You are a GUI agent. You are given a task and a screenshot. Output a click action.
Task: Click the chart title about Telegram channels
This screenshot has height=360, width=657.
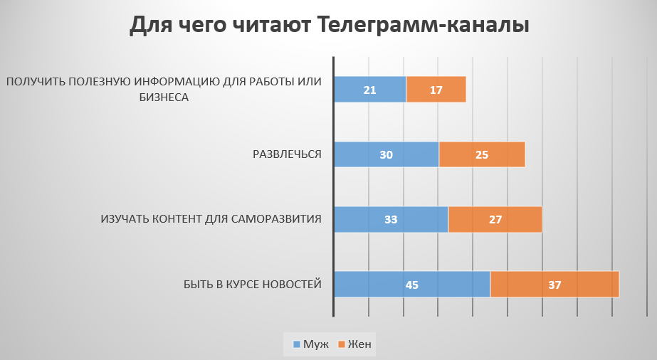pos(329,26)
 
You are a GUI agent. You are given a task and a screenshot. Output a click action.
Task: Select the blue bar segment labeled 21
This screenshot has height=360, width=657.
pos(370,90)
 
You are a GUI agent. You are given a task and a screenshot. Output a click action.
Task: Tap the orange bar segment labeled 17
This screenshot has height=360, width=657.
pos(436,90)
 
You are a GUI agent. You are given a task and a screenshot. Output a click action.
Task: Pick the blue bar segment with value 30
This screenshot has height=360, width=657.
pos(387,154)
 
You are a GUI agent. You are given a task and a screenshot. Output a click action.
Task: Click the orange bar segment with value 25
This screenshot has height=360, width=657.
pos(482,154)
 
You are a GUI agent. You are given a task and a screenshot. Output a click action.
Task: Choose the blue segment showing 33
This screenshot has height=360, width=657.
pos(391,219)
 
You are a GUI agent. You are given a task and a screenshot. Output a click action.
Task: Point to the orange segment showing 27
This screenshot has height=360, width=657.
pos(495,219)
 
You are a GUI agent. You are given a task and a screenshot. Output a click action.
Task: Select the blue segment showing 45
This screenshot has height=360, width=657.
pos(411,285)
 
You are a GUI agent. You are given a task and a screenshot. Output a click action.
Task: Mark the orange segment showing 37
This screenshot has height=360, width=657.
pos(554,285)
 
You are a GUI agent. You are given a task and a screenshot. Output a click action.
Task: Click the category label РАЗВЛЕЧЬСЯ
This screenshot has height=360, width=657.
pos(288,154)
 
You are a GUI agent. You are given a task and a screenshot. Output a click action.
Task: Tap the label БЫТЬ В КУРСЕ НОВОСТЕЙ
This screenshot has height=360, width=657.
pos(253,285)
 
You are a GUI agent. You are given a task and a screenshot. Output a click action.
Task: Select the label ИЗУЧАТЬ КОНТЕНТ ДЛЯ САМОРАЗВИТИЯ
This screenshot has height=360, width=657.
pos(211,219)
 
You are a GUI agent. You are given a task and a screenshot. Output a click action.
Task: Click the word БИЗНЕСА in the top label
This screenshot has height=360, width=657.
pos(164,97)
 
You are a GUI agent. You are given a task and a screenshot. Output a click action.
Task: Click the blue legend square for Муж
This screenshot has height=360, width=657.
pos(297,344)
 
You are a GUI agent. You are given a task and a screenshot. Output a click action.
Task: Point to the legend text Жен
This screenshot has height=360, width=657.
pos(359,344)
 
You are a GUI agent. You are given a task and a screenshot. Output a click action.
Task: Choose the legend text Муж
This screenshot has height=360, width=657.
pos(316,344)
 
